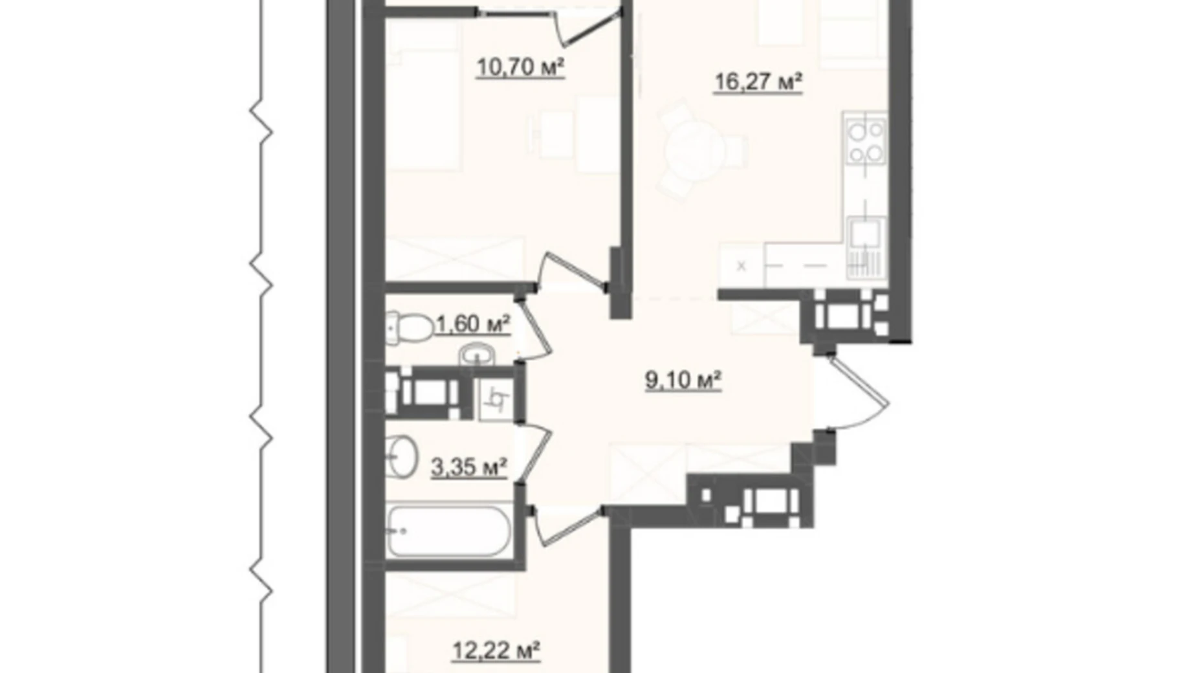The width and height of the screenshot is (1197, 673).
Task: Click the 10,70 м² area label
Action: point(520,67)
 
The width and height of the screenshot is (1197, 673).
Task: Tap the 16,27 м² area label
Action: point(758,82)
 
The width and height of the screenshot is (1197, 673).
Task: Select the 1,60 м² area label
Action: point(473,324)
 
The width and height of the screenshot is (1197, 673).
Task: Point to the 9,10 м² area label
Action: point(683,380)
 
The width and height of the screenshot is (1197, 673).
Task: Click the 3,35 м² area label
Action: point(468,466)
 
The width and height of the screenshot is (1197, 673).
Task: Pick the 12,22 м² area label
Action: point(496,650)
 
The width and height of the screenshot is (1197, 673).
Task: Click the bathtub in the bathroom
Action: point(448,531)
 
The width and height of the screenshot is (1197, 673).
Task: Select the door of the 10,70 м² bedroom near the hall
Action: point(569,269)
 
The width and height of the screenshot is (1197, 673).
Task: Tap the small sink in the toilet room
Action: point(477,354)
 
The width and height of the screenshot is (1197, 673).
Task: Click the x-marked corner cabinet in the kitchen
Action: point(741,266)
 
